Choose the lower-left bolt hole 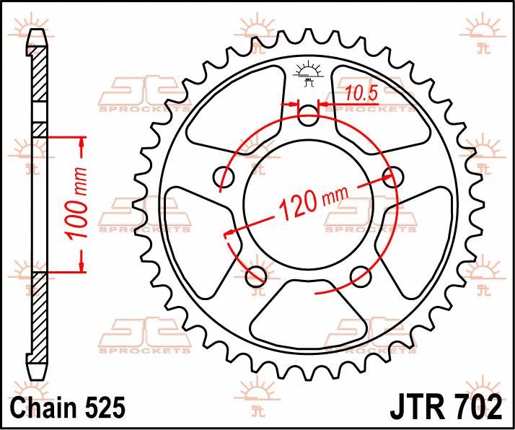click(x=254, y=275)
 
